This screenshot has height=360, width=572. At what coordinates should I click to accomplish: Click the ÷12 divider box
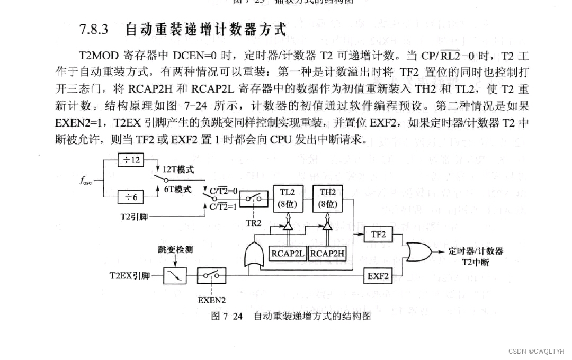[x=130, y=159]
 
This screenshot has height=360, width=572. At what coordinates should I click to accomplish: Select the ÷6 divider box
[x=130, y=197]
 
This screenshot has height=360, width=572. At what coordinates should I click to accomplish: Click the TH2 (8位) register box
[x=327, y=199]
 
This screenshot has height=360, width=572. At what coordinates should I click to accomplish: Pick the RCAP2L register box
[x=288, y=254]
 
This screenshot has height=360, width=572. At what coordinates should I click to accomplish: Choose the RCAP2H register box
[x=327, y=254]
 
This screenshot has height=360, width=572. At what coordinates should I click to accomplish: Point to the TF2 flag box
[x=378, y=235]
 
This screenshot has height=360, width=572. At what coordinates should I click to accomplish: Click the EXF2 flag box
[x=378, y=275]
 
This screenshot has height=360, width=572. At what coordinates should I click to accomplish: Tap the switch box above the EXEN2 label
[x=211, y=276]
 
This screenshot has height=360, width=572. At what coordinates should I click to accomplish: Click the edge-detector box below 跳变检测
[x=175, y=276]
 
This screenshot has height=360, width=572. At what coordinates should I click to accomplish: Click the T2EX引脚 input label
[x=129, y=276]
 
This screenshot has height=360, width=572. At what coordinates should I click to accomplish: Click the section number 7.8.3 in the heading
[x=94, y=29]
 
